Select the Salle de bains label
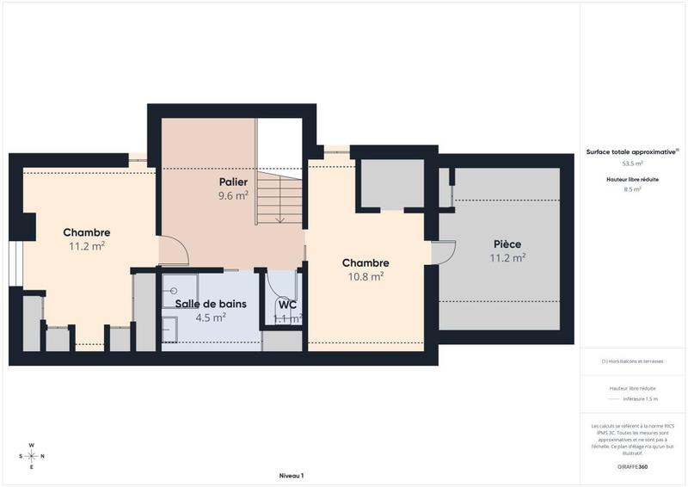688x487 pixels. click(x=211, y=304)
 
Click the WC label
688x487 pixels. click(x=287, y=305)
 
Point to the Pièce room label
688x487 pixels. click(x=507, y=243)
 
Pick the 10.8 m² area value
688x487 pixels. click(x=365, y=276)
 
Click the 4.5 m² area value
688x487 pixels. click(x=211, y=317)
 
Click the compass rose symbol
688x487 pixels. click(x=32, y=456)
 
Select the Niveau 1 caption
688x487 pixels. click(x=292, y=475)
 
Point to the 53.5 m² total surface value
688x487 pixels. click(x=632, y=163)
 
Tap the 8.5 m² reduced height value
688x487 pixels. click(x=632, y=189)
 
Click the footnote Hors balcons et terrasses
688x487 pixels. click(x=632, y=362)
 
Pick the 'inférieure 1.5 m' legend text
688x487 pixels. click(x=641, y=399)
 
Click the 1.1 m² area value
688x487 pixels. click(x=287, y=318)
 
